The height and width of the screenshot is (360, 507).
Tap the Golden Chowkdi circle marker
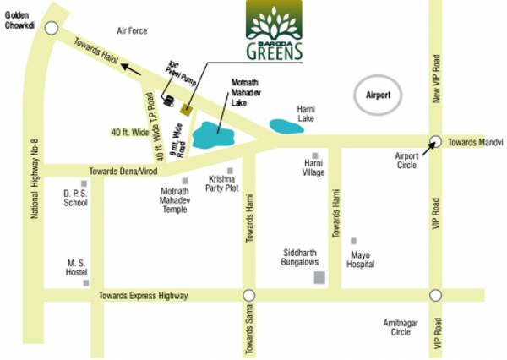coord(52,28)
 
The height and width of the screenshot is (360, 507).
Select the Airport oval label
coord(378,95)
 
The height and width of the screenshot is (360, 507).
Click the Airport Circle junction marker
coord(435,142)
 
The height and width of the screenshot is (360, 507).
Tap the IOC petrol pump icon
coord(169,101)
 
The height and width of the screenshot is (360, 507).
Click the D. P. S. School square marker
coord(84,184)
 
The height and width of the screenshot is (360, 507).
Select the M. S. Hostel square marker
coord(86,283)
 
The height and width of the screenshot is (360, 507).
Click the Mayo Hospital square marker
coord(353,242)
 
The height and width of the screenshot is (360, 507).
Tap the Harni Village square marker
coord(314,155)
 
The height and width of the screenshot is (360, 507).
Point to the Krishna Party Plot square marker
coord(230,171)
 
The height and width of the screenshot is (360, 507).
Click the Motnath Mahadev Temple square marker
coord(185,181)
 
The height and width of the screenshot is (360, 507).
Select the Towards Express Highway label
coord(143,296)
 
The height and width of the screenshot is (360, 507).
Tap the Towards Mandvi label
coord(475,142)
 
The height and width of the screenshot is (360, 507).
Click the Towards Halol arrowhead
coord(123,63)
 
